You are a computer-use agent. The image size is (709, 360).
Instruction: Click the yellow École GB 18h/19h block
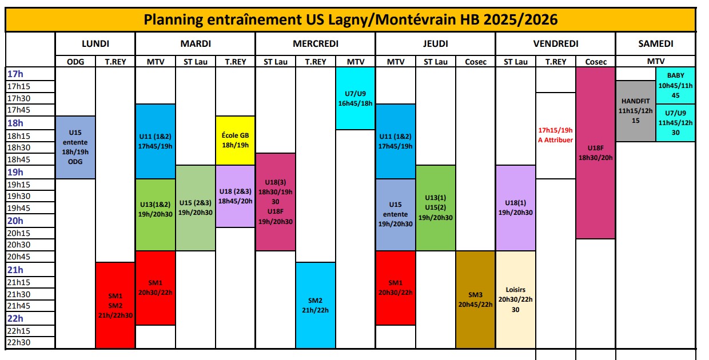click(235, 141)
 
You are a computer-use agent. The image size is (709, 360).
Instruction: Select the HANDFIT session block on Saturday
click(636, 111)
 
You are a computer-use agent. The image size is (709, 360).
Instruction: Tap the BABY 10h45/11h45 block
click(675, 85)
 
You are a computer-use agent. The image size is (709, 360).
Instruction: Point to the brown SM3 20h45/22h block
click(475, 299)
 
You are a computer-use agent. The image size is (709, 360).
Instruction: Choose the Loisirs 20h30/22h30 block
click(516, 299)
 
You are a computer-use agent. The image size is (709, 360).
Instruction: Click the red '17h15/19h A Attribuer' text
click(556, 135)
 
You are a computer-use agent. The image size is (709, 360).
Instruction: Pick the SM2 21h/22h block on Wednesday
click(316, 305)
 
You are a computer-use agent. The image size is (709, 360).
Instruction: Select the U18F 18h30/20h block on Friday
click(595, 153)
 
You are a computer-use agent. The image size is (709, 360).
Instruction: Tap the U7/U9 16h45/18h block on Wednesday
click(356, 98)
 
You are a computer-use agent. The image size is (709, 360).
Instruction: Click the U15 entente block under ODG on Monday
click(75, 147)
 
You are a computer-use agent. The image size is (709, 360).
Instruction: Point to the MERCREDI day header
click(316, 43)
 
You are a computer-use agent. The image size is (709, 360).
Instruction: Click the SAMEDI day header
click(656, 43)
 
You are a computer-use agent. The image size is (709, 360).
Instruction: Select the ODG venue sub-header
click(75, 62)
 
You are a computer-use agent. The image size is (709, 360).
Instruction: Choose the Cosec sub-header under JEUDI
click(475, 62)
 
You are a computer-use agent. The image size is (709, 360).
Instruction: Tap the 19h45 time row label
click(19, 208)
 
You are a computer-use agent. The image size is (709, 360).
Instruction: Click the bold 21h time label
click(15, 270)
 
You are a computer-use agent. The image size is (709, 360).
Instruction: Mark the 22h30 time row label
click(19, 342)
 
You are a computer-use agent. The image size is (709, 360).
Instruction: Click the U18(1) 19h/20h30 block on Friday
click(516, 208)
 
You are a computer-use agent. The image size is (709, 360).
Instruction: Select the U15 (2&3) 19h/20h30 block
click(196, 208)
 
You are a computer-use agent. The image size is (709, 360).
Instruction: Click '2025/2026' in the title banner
click(520, 19)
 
